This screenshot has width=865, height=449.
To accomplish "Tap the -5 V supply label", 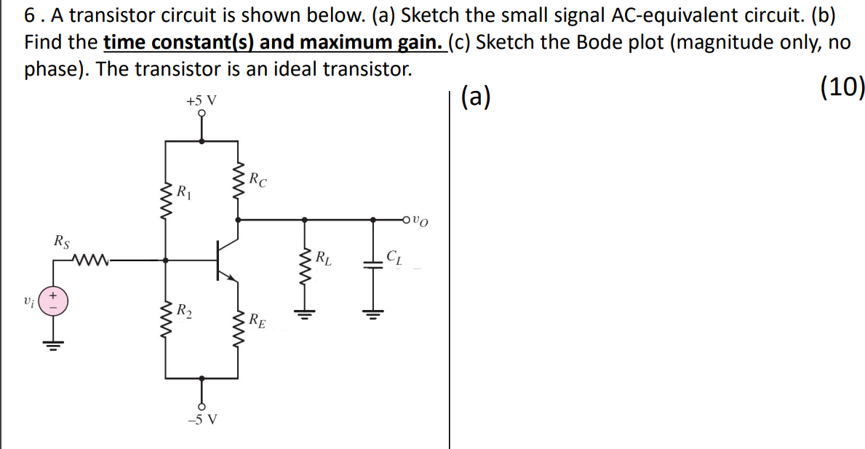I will [202, 419].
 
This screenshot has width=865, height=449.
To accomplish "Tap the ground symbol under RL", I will [304, 315].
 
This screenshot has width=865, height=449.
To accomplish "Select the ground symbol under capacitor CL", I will [375, 315].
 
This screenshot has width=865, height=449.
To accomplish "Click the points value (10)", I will [842, 87].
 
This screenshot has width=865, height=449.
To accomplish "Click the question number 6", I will [28, 15].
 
